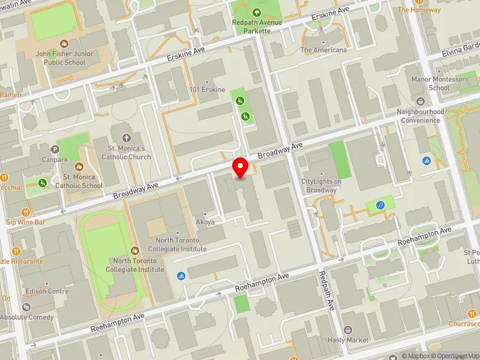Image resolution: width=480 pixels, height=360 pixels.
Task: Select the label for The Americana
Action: click(x=323, y=50)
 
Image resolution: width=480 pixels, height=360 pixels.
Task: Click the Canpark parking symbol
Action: click(x=56, y=149)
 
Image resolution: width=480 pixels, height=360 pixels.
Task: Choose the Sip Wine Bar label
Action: click(x=26, y=222)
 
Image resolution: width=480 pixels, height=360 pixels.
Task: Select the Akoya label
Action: click(x=205, y=222)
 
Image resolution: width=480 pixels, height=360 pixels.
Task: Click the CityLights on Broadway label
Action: click(x=321, y=186)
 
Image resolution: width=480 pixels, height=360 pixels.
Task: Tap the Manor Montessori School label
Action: click(x=430, y=83)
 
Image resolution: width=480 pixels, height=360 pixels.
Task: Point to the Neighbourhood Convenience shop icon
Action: click(x=421, y=102)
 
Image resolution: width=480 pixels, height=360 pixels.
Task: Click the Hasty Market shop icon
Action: click(x=348, y=330)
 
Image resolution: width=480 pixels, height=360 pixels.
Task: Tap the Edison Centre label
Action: click(x=47, y=292)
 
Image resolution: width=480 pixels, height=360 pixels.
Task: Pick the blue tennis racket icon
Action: click(x=380, y=205)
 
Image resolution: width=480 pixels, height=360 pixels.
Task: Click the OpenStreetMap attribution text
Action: click(x=458, y=356)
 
